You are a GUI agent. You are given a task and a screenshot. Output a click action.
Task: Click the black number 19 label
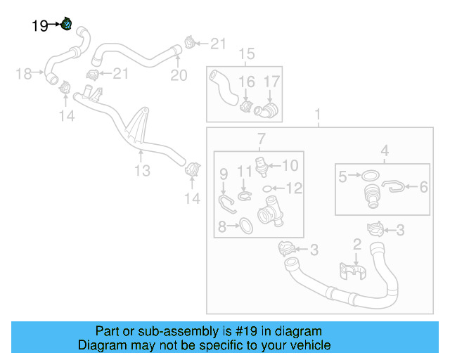click(40, 26)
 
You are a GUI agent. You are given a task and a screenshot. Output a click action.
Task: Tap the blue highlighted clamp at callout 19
click(67, 25)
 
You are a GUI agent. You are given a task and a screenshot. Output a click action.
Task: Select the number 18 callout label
click(25, 73)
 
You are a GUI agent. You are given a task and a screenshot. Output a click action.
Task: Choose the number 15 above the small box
click(246, 54)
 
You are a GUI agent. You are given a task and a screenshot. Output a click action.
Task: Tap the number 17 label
click(271, 82)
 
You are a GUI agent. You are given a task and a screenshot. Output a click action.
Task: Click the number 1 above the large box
click(317, 114)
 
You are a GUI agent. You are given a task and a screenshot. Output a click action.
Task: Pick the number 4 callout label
click(385, 150)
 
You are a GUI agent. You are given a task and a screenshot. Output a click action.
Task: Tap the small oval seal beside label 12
click(268, 188)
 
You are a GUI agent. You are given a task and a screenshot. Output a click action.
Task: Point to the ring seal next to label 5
click(372, 176)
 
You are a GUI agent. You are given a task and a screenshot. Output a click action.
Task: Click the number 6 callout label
click(423, 187)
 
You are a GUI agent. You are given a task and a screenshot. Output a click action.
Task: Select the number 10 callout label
click(290, 166)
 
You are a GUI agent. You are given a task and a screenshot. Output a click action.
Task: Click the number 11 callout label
click(244, 172)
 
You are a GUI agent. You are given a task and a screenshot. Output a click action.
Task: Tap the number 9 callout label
click(224, 173)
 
